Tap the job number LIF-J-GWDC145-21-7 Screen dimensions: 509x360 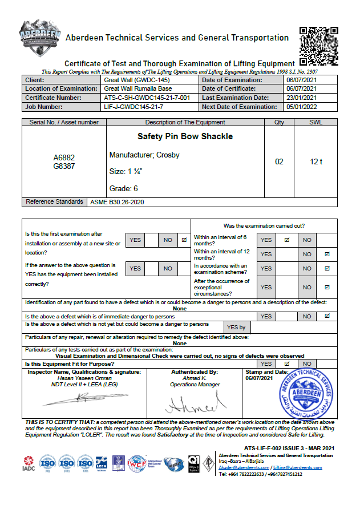(x=134, y=107)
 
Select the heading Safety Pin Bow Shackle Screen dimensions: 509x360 (x=185, y=137)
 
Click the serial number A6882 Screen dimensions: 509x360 (x=64, y=157)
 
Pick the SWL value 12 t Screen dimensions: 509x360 (x=316, y=162)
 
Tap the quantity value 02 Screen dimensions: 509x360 (x=279, y=162)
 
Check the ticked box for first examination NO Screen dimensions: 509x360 (x=184, y=240)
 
